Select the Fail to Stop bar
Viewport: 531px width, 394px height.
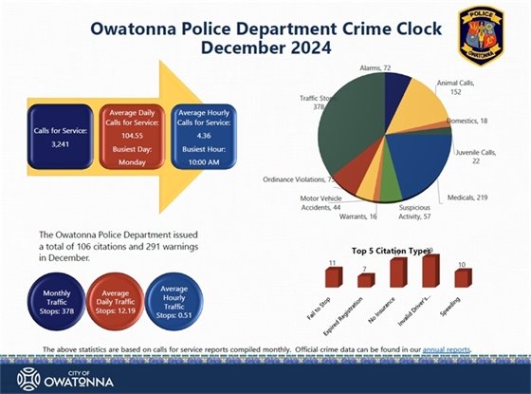tap(332, 276)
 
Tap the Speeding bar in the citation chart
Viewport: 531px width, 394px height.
tap(462, 277)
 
